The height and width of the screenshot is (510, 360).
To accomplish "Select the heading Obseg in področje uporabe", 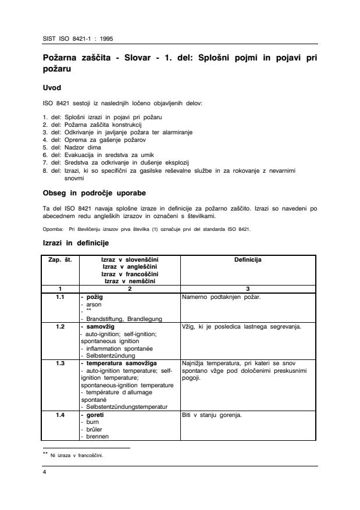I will click(95, 192).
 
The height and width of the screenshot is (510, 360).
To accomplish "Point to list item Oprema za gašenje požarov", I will click(88, 140).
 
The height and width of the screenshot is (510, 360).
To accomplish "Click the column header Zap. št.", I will click(59, 260).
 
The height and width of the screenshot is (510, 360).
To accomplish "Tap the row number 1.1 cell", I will click(59, 296).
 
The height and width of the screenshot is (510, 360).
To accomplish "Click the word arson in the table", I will click(94, 304).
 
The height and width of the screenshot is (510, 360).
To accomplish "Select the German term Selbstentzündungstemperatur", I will click(126, 406).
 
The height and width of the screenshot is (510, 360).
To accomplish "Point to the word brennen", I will click(97, 436).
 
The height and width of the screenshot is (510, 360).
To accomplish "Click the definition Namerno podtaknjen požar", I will click(221, 296).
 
